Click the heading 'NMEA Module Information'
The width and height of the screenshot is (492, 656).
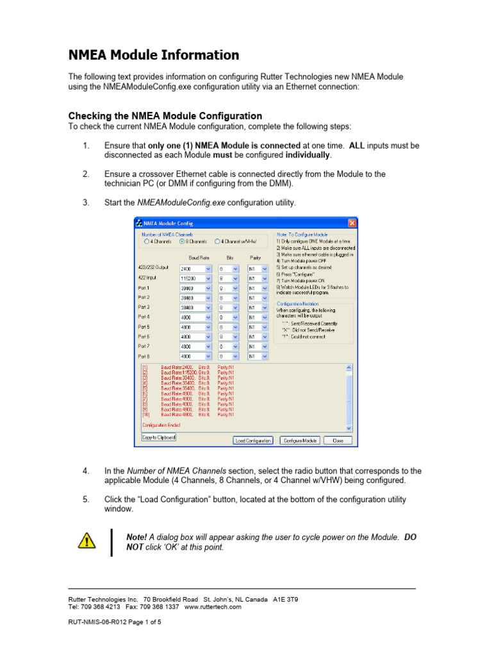[153, 55]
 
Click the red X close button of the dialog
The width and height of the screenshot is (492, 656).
[352, 223]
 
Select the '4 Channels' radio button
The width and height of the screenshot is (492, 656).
[147, 242]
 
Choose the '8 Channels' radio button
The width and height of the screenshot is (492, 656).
[183, 242]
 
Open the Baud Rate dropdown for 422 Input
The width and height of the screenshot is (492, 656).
[208, 279]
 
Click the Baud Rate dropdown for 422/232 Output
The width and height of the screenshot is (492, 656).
[208, 269]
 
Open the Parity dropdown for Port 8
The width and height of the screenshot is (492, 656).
[264, 356]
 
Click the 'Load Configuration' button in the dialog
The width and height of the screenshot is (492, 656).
[254, 440]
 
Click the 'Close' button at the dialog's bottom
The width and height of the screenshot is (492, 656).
[338, 440]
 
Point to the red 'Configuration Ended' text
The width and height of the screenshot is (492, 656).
[161, 425]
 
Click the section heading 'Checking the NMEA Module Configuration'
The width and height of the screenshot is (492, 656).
[165, 115]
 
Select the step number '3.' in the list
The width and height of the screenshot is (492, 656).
[86, 202]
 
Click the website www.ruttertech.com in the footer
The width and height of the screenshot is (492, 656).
[213, 607]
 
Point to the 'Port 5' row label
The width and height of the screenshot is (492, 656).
[144, 327]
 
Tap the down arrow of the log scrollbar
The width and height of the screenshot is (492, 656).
[348, 427]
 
